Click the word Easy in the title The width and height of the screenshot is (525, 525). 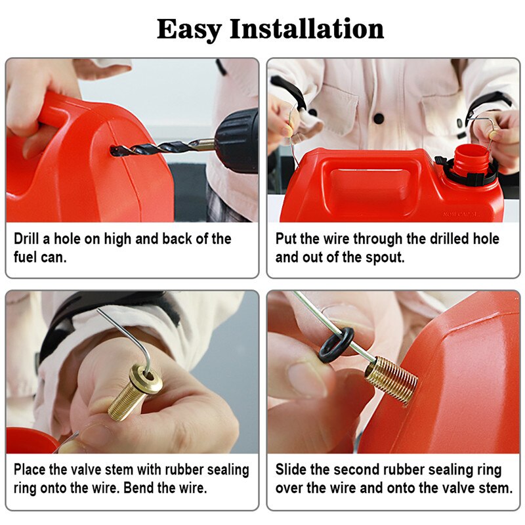pyautogui.click(x=189, y=30)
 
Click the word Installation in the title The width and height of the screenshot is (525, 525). pyautogui.click(x=306, y=29)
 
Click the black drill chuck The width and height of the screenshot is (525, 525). pyautogui.click(x=236, y=140)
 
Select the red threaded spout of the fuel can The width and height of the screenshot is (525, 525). pyautogui.click(x=471, y=158)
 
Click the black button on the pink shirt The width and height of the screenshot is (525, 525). pyautogui.click(x=379, y=118)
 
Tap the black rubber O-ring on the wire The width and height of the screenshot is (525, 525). pyautogui.click(x=336, y=345)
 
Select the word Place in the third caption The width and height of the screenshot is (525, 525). pyautogui.click(x=30, y=469)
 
